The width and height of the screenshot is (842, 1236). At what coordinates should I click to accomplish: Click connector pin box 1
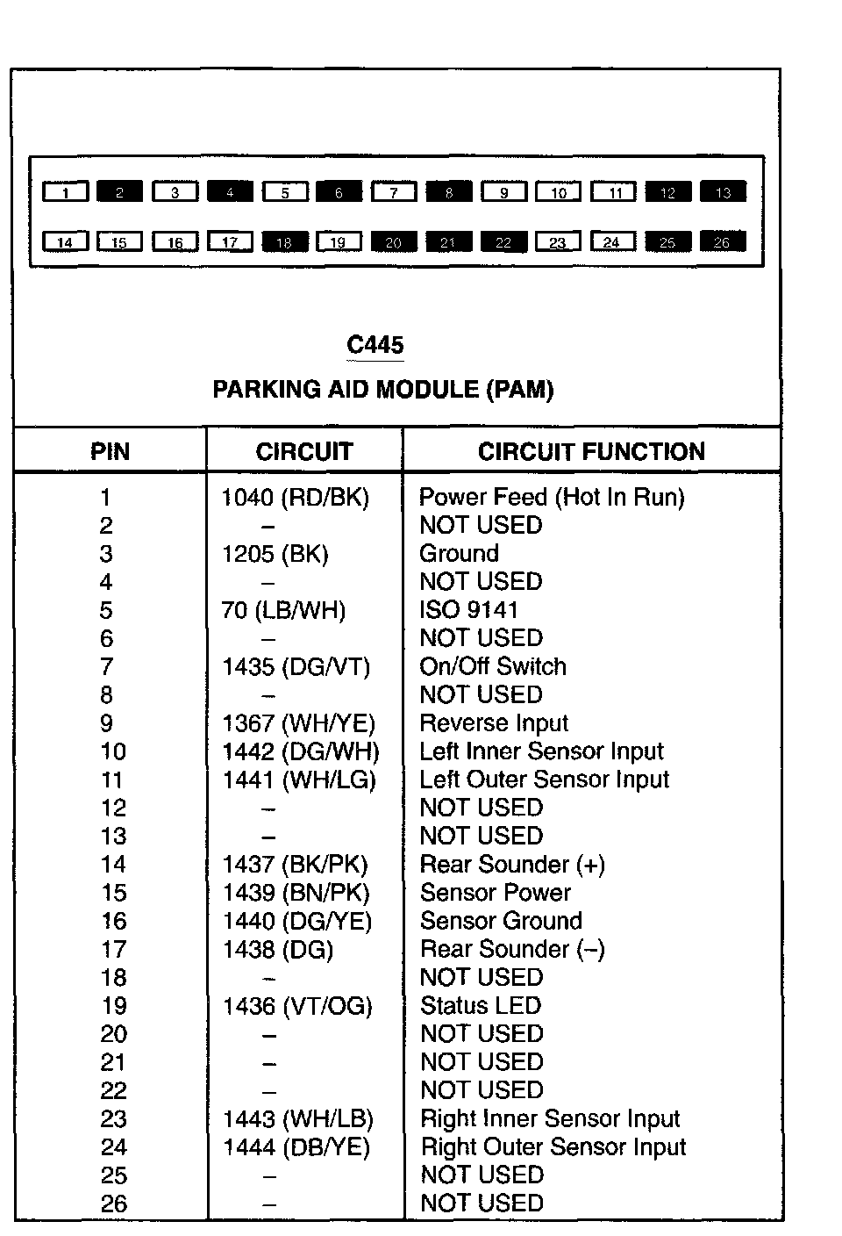66,192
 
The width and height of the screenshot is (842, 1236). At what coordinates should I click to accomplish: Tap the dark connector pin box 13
723,192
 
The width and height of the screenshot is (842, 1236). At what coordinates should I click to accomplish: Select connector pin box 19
339,241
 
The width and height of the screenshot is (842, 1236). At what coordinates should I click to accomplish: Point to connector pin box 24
612,241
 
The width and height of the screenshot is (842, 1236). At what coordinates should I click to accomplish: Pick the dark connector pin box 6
339,192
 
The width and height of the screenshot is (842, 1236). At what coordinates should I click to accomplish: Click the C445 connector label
375,345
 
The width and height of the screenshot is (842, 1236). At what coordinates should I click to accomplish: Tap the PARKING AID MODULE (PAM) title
383,390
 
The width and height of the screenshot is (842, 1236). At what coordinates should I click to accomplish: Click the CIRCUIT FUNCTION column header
591,451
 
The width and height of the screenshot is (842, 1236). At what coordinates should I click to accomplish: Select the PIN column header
110,452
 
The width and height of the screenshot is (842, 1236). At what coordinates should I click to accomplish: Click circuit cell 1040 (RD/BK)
296,498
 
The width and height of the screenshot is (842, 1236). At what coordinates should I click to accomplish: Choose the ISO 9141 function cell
469,610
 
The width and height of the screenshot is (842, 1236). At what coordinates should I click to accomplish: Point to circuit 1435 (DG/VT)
296,667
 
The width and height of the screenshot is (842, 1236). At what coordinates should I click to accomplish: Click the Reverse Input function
494,723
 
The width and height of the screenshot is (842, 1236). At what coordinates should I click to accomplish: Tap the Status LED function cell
481,1006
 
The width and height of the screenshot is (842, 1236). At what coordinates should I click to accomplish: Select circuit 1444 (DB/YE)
296,1147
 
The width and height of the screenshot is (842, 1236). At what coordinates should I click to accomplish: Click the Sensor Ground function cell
501,921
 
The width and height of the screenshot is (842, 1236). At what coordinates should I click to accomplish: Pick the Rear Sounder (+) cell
512,865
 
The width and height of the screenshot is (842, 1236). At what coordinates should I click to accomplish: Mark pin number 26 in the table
113,1204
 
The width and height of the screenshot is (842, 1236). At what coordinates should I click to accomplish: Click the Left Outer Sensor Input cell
544,780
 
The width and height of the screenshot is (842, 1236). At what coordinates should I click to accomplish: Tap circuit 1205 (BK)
275,554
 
